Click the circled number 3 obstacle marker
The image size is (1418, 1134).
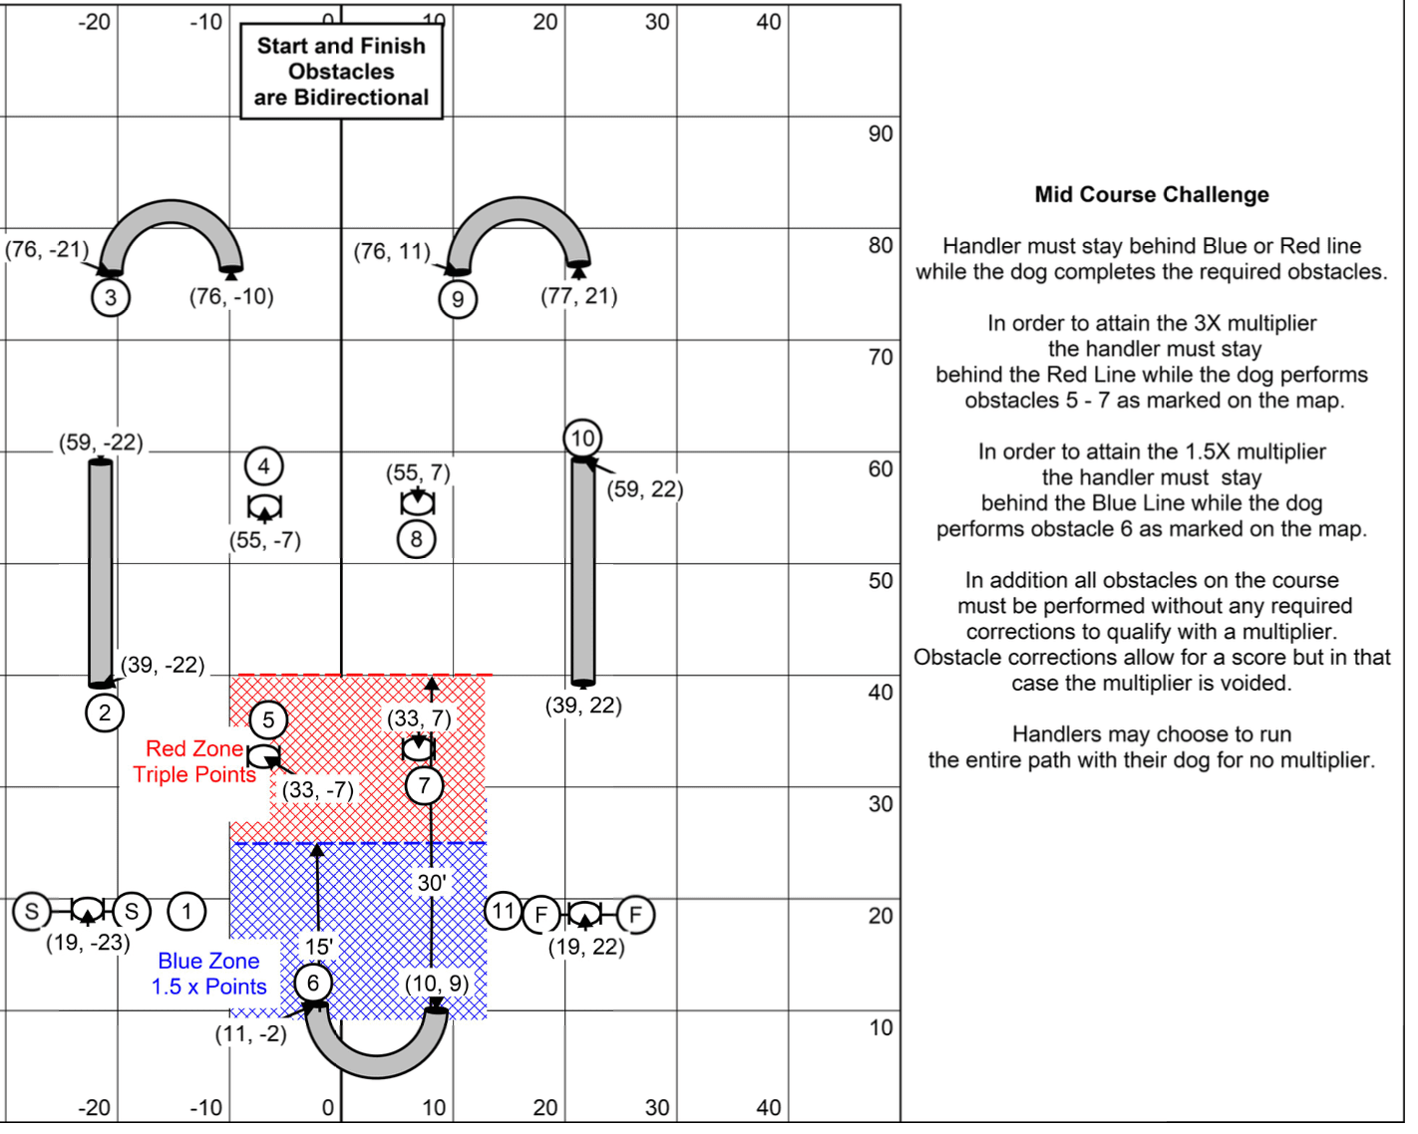[x=111, y=298]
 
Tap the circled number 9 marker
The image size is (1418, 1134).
[x=458, y=300]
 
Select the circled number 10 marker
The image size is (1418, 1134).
[x=583, y=439]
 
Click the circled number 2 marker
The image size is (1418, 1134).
[x=105, y=713]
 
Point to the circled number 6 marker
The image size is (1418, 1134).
[x=313, y=985]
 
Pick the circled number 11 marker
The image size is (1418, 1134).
[x=504, y=912]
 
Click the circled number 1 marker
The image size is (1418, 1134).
[x=186, y=911]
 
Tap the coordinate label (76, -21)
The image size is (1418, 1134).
[x=47, y=249]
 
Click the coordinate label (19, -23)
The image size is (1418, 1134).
[x=88, y=943]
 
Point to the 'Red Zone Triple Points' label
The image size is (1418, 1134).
[x=194, y=762]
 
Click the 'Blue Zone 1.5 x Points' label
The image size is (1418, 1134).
[x=209, y=975]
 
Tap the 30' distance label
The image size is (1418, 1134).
[x=431, y=883]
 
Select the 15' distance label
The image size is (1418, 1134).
[x=318, y=948]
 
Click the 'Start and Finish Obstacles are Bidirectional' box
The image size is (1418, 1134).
[x=342, y=72]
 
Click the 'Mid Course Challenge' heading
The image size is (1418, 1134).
[x=1152, y=195]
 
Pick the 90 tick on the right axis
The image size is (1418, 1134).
[x=881, y=135]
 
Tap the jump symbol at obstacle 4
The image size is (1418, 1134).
[x=264, y=508]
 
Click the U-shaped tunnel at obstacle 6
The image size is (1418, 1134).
[x=377, y=1057]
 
